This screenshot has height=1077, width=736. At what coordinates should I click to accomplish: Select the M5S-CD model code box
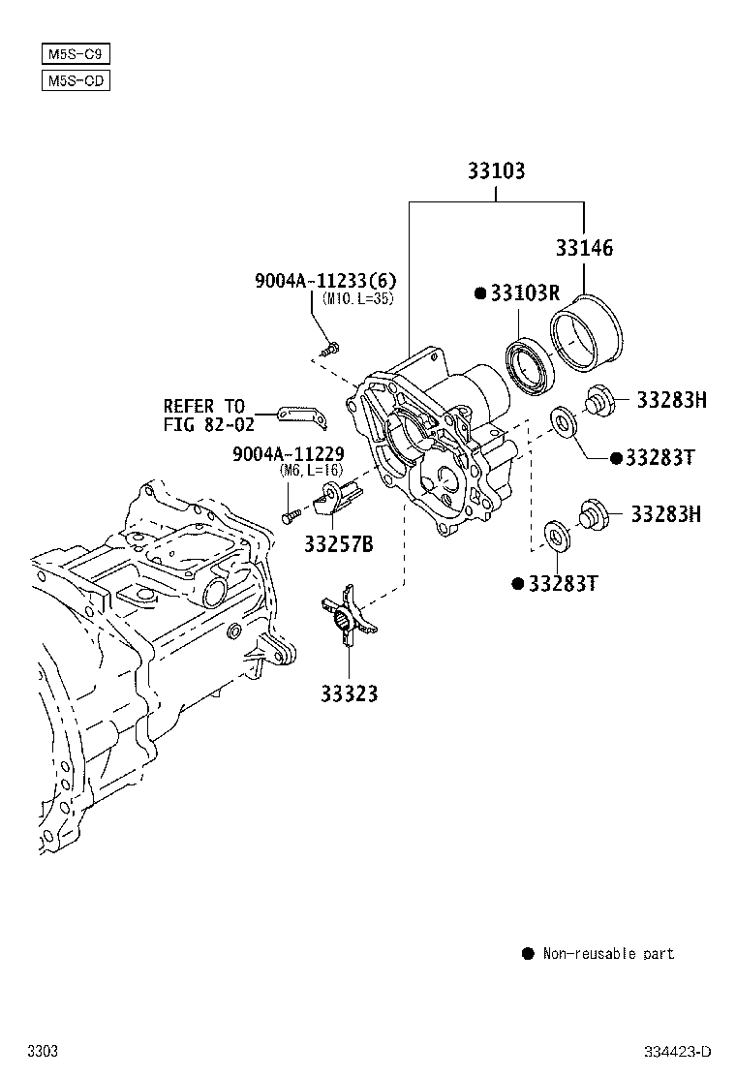[76, 80]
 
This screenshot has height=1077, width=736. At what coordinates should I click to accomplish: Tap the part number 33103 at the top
[496, 171]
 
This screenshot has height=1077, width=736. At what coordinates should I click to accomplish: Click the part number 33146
[584, 248]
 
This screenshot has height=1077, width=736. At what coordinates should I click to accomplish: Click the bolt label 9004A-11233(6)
[325, 281]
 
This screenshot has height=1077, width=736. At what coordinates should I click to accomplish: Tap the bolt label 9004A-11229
[288, 454]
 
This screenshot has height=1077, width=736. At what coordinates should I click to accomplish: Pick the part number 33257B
[338, 544]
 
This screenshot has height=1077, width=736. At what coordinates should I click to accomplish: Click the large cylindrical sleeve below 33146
[588, 335]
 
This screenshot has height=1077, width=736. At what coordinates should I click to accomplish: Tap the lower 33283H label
[665, 514]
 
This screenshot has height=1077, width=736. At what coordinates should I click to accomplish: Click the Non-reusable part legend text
[608, 954]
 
